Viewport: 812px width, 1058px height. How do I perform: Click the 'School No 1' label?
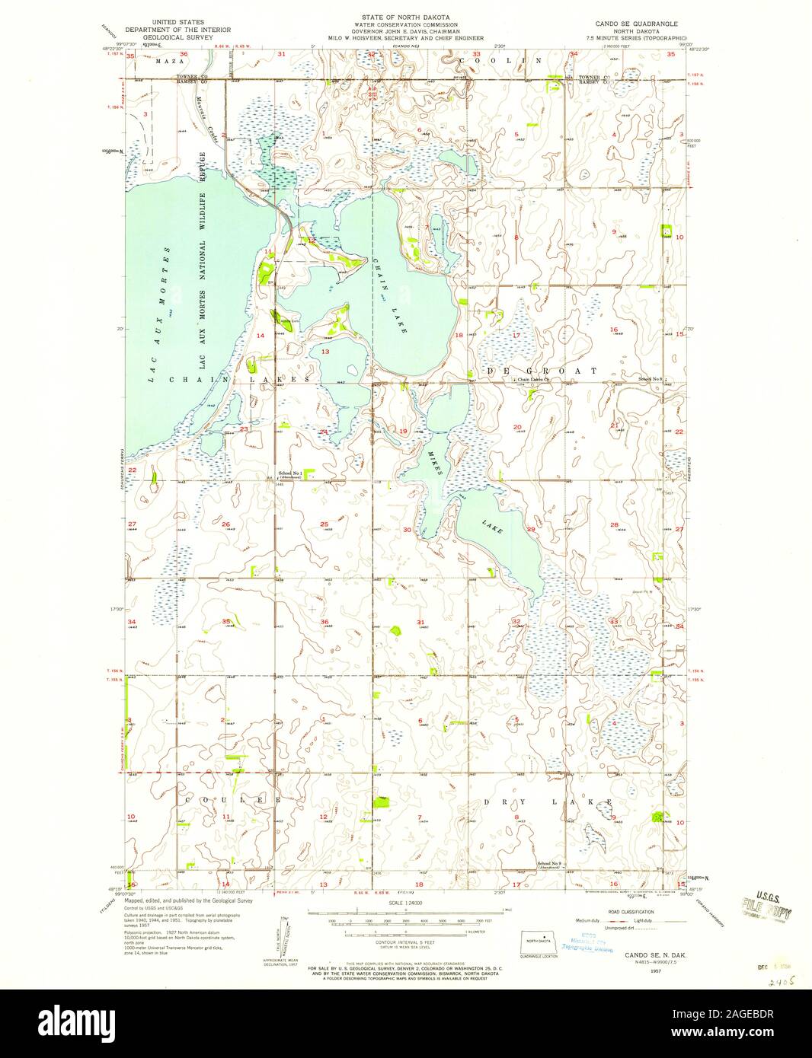[291, 473]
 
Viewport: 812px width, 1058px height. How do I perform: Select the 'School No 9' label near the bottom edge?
[549, 862]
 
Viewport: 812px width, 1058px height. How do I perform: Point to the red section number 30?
[407, 530]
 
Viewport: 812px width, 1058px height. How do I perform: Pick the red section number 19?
[404, 432]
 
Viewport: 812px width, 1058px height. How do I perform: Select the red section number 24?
[324, 432]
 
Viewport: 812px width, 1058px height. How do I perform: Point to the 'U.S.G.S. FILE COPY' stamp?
[766, 905]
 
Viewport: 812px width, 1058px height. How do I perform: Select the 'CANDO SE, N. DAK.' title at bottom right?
[649, 954]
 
